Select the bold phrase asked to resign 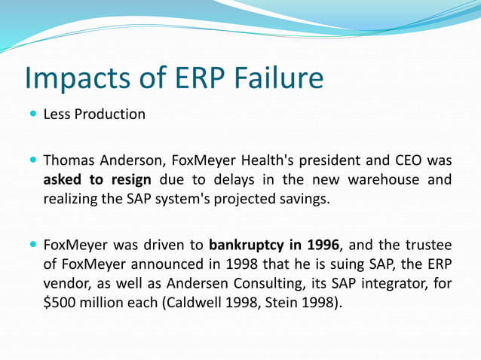[97, 180]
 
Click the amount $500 [60, 304]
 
